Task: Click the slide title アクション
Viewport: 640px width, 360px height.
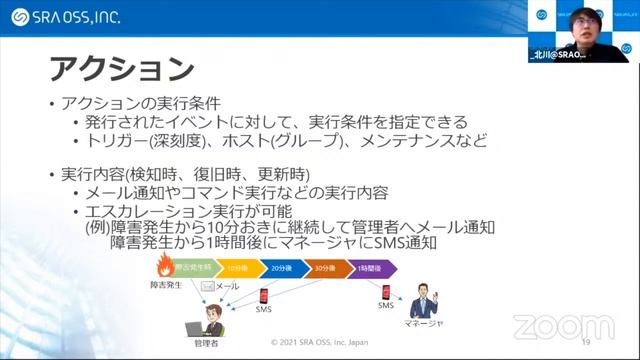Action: click(121, 69)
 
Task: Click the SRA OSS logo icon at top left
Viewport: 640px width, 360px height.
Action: click(18, 17)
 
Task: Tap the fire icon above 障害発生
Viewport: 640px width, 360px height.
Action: click(164, 266)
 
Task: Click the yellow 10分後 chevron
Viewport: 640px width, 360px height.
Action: click(237, 268)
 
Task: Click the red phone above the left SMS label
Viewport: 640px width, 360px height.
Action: click(264, 296)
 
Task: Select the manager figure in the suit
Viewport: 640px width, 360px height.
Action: click(423, 299)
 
